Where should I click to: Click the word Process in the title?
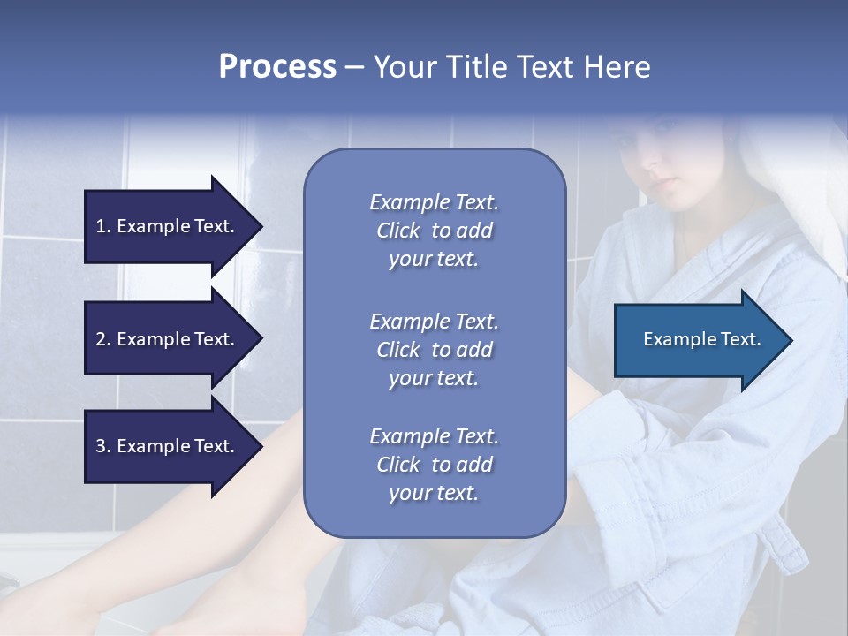[x=277, y=67]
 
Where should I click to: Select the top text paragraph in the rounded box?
[x=434, y=231]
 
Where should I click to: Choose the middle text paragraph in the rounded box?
[x=434, y=349]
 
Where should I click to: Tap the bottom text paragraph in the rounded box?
[x=434, y=465]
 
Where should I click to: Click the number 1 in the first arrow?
[x=101, y=226]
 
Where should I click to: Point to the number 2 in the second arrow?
[x=101, y=339]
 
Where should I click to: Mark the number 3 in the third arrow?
[x=101, y=446]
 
